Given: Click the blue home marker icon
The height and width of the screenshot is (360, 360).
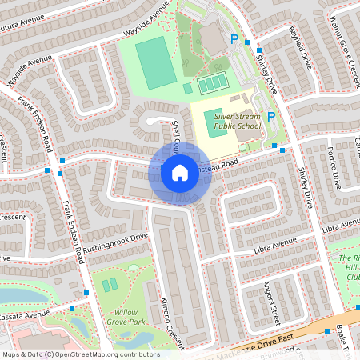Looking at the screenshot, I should [180, 172].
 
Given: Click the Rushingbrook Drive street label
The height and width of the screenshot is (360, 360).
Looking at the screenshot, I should [116, 239].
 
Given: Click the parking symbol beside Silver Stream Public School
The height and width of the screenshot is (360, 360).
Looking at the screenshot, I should [271, 117].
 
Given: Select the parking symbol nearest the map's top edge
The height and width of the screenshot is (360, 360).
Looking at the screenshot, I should [234, 38].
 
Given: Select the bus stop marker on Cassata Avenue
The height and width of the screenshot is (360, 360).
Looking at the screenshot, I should [73, 308].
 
